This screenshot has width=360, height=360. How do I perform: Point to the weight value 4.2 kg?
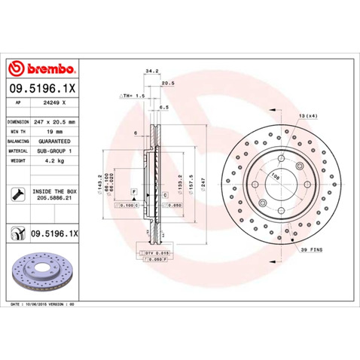(x=46, y=160)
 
